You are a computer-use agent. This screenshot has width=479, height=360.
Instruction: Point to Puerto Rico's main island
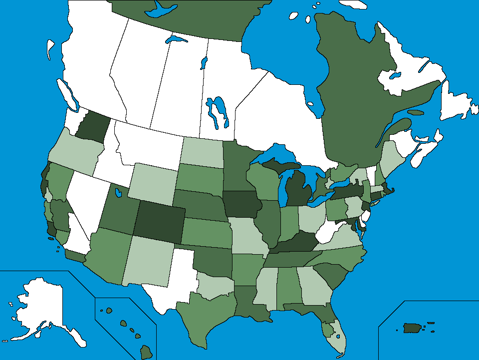[412, 328]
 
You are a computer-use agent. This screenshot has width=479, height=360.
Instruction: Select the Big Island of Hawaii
[146, 352]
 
